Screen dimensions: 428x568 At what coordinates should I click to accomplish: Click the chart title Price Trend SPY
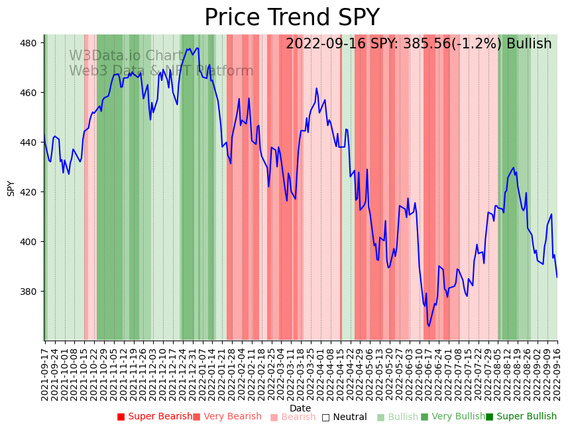[292, 17]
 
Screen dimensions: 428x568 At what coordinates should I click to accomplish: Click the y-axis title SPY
[11, 187]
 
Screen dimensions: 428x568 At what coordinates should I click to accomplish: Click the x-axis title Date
[300, 408]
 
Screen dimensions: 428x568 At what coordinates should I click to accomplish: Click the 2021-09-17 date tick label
[44, 372]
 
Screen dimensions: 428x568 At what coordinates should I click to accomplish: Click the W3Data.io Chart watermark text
[126, 56]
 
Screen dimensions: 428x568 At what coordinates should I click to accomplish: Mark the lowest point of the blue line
[429, 326]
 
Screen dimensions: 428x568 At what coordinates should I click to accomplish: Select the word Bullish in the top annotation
[529, 44]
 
